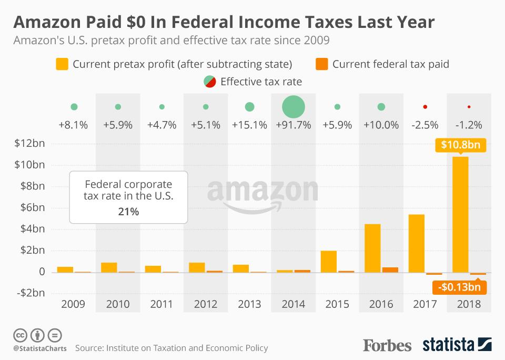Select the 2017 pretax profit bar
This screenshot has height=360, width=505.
tap(417, 243)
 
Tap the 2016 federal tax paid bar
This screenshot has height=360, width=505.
tap(390, 269)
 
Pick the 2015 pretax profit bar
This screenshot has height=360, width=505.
tap(329, 262)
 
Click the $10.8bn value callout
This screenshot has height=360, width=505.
tap(460, 145)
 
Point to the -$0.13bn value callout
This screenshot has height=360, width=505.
tap(459, 287)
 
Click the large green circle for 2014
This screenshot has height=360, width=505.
tap(294, 107)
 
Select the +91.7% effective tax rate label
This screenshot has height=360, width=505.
tap(294, 125)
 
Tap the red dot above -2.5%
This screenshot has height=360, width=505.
tap(425, 107)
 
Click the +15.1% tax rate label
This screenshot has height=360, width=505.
tap(249, 125)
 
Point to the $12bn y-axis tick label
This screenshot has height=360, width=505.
tap(29, 143)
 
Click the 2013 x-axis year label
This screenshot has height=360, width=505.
tap(249, 304)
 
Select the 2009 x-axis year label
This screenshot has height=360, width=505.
tap(74, 304)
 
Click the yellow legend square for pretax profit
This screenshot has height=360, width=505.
tap(62, 64)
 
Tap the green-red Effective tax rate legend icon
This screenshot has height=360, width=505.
tap(209, 82)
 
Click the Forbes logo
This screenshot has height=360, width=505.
tap(387, 345)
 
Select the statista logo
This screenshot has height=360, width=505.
tap(457, 345)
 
